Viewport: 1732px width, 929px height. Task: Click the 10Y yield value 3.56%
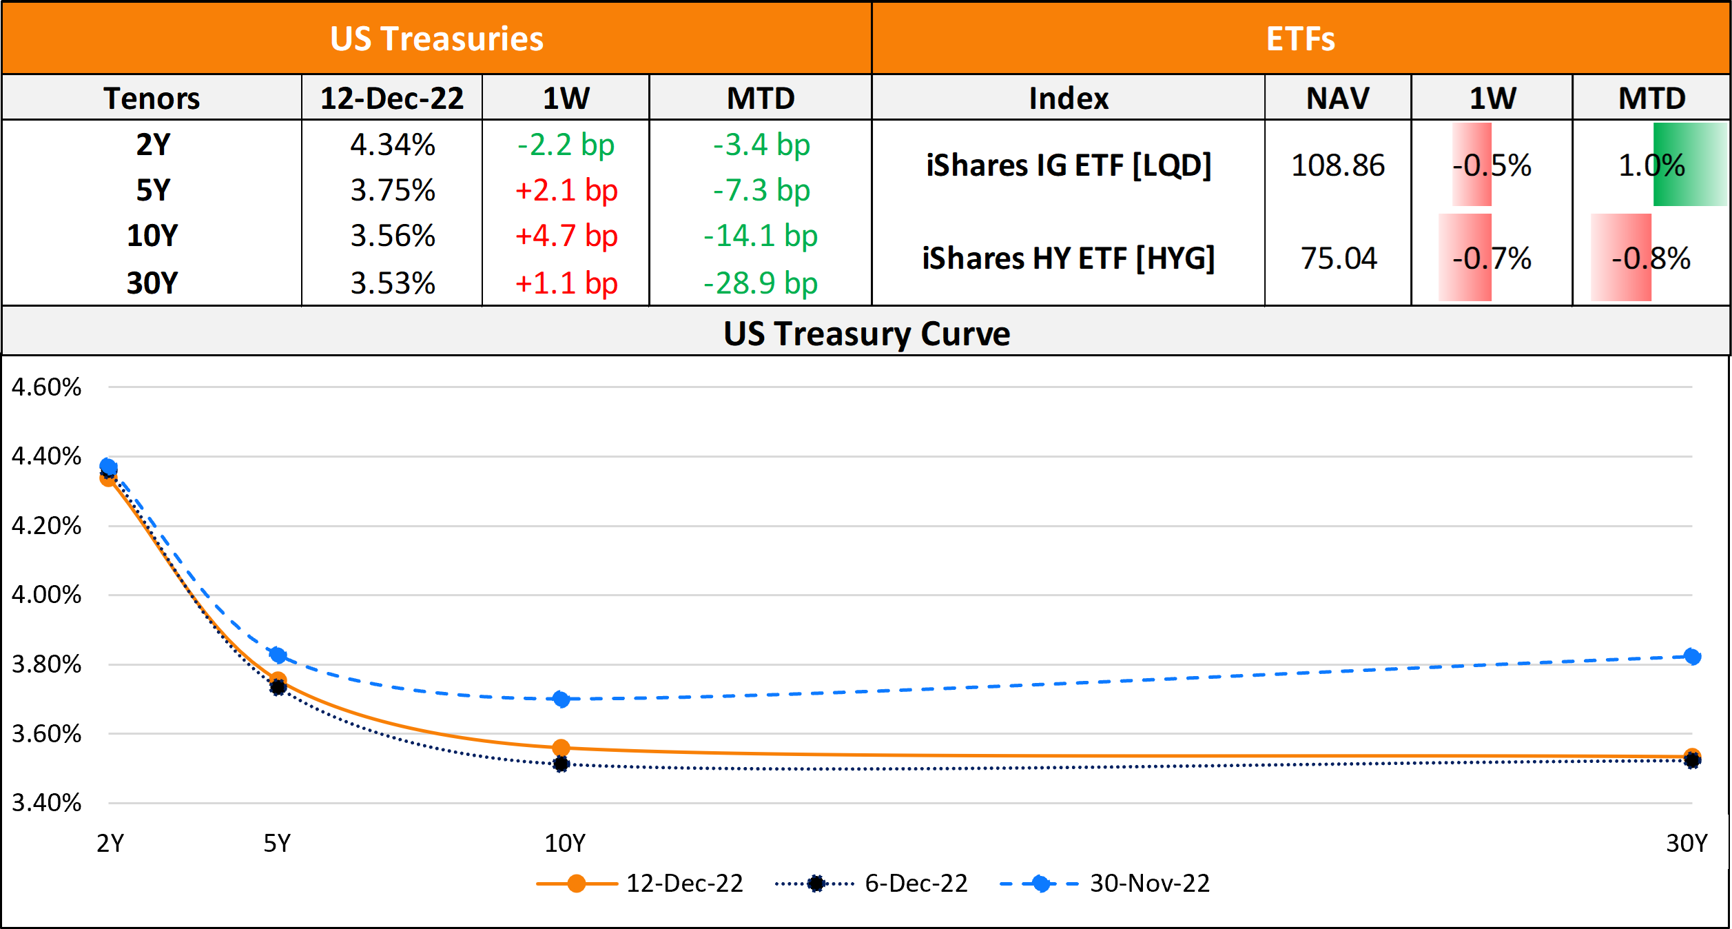[393, 236]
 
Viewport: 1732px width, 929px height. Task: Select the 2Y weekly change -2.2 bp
[566, 145]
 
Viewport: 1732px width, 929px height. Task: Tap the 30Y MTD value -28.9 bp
[760, 283]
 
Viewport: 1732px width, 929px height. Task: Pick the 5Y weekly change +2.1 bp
[566, 190]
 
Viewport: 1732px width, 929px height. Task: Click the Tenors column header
[152, 98]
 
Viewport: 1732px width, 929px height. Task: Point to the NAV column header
[1337, 98]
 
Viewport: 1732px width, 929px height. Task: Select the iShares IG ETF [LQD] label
[1069, 165]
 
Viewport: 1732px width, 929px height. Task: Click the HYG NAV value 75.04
[1338, 258]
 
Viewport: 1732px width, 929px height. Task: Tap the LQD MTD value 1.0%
[1651, 165]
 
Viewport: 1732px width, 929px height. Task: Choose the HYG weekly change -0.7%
[1492, 258]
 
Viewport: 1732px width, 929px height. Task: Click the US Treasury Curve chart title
[866, 334]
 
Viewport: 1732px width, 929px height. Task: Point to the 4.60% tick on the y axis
[46, 387]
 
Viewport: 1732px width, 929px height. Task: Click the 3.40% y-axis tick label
[46, 803]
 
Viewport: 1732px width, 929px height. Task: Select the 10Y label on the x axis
[564, 844]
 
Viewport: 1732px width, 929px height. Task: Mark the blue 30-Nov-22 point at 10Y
[561, 700]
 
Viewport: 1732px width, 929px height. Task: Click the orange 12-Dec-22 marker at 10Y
[561, 748]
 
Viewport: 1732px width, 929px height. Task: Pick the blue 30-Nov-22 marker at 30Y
[1692, 657]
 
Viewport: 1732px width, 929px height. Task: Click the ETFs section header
[1300, 39]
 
